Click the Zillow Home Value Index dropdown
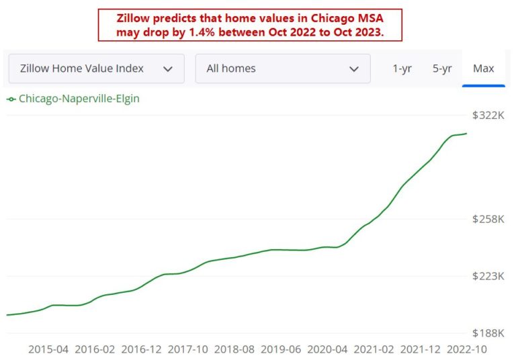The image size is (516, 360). pos(96,69)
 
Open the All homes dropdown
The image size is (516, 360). pos(282,69)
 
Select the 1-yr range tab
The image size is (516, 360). pos(402,69)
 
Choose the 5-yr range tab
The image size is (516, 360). pos(442,69)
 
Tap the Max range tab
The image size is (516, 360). pos(483,69)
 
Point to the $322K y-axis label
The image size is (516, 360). pos(488,116)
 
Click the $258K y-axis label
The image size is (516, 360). pos(488,219)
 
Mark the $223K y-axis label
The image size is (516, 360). pos(488,276)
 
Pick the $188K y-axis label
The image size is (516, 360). pos(488,333)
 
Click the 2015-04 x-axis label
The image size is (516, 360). pos(48,349)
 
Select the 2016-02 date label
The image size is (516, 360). pos(95,349)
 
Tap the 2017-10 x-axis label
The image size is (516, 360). pos(188,349)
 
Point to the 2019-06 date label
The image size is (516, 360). pos(282,349)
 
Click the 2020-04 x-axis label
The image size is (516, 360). pos(328,349)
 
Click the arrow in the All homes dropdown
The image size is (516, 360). pos(354,69)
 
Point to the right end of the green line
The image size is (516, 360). pos(466,134)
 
